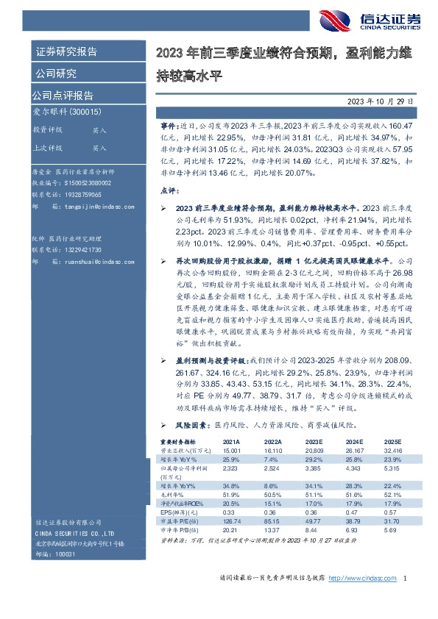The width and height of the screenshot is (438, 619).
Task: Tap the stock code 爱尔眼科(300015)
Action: pyautogui.click(x=66, y=112)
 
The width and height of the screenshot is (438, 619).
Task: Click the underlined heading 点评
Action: pyautogui.click(x=168, y=190)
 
